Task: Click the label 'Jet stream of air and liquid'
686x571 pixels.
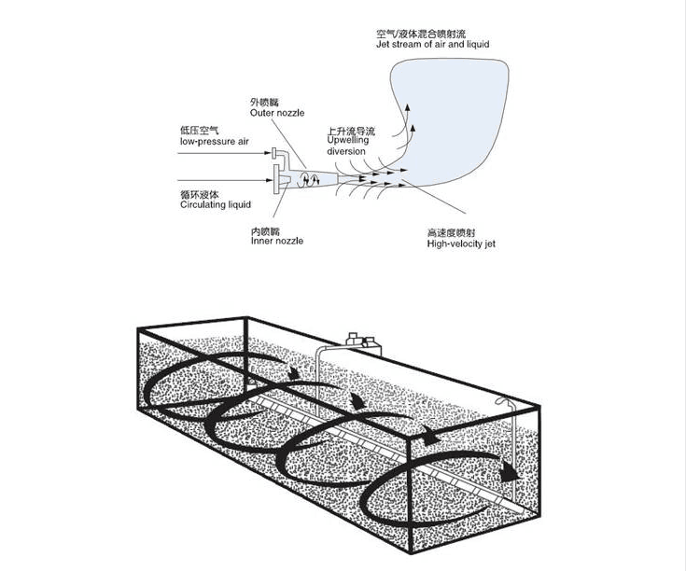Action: pyautogui.click(x=432, y=44)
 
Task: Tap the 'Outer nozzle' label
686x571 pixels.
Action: pyautogui.click(x=277, y=113)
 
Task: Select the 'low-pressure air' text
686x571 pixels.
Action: pyautogui.click(x=214, y=141)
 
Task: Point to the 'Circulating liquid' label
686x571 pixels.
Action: pyautogui.click(x=216, y=204)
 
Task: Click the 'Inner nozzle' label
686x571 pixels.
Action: pyautogui.click(x=277, y=241)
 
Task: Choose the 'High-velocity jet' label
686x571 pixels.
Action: pyautogui.click(x=461, y=244)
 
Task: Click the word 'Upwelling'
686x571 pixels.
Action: pyautogui.click(x=348, y=140)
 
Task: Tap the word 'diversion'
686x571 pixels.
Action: pyautogui.click(x=346, y=151)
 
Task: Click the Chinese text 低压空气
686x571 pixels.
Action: pyautogui.click(x=199, y=131)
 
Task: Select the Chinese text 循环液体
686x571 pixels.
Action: pyautogui.click(x=199, y=194)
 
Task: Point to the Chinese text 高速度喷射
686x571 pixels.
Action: pyautogui.click(x=451, y=232)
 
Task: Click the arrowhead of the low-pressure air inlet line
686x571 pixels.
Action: pyautogui.click(x=268, y=153)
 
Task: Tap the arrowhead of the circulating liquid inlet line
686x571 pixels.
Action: pyautogui.click(x=269, y=180)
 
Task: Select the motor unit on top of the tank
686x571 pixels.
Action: pyautogui.click(x=364, y=341)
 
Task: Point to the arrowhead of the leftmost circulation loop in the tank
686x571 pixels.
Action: pyautogui.click(x=293, y=372)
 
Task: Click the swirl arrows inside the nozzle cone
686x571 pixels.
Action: pyautogui.click(x=308, y=179)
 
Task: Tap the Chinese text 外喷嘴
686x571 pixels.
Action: pyautogui.click(x=264, y=103)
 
